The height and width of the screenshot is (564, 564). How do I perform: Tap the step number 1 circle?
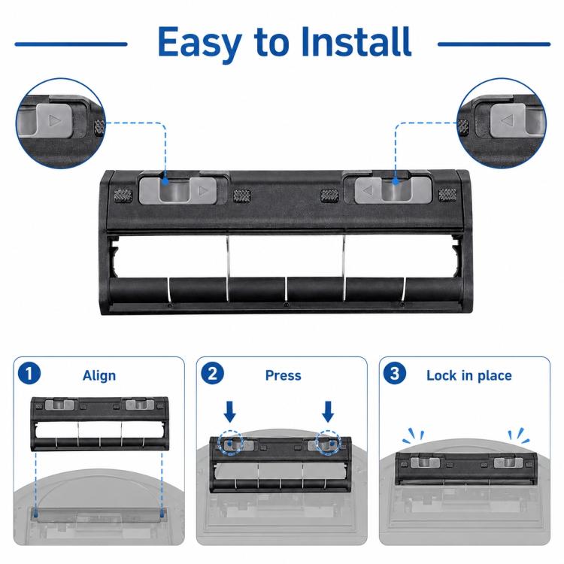(29, 373)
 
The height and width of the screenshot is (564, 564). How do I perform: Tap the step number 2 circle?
(212, 373)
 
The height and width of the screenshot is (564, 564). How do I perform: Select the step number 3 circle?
(395, 373)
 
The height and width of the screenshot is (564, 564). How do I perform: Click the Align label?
(99, 375)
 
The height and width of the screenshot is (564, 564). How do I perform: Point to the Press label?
(283, 375)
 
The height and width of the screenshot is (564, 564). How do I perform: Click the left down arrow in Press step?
(230, 411)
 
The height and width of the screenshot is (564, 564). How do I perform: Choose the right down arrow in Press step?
(328, 411)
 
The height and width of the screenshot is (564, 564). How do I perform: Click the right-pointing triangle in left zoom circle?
(55, 120)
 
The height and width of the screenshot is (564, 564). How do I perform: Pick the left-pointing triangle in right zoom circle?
(508, 120)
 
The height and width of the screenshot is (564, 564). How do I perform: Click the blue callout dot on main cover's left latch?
(165, 181)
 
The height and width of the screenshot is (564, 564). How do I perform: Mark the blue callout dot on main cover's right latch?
(396, 182)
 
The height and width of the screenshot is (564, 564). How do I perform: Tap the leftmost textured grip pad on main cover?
(123, 196)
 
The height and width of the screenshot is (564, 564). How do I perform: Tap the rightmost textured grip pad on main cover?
(447, 195)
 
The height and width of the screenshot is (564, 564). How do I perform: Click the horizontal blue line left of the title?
(71, 44)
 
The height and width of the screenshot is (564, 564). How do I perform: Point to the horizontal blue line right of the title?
(494, 44)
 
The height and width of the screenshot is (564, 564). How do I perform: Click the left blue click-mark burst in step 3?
(414, 435)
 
